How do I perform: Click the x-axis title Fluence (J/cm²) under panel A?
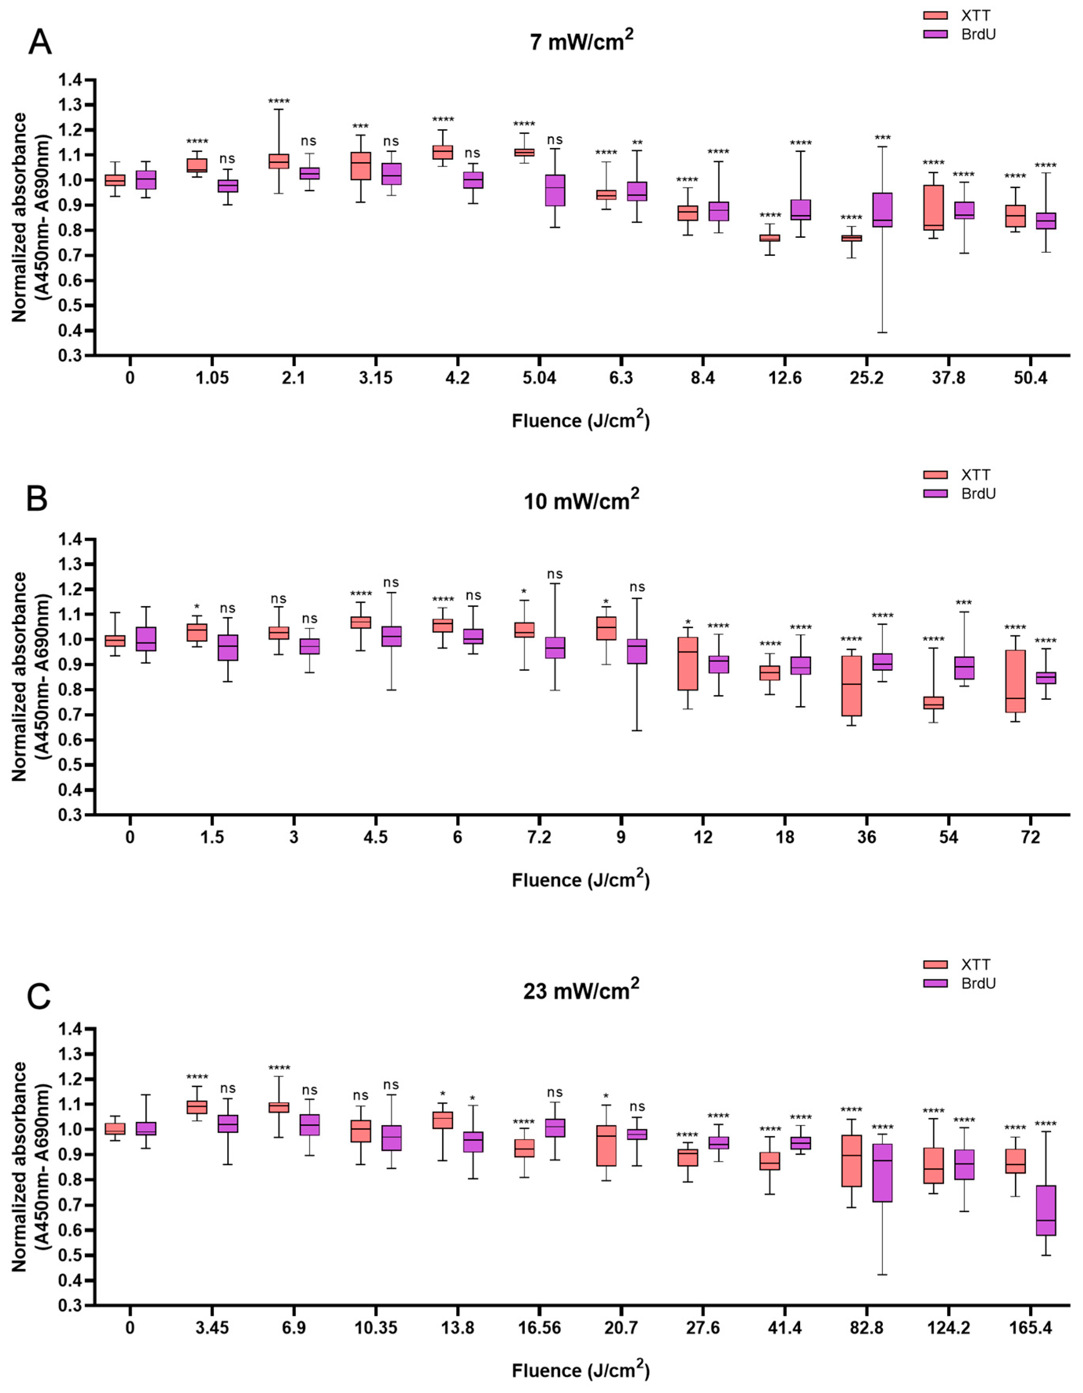click(x=581, y=421)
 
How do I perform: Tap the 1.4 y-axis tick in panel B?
click(x=71, y=540)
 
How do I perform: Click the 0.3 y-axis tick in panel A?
click(x=71, y=355)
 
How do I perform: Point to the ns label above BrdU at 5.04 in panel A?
click(x=555, y=140)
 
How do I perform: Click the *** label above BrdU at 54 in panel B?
click(x=964, y=603)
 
